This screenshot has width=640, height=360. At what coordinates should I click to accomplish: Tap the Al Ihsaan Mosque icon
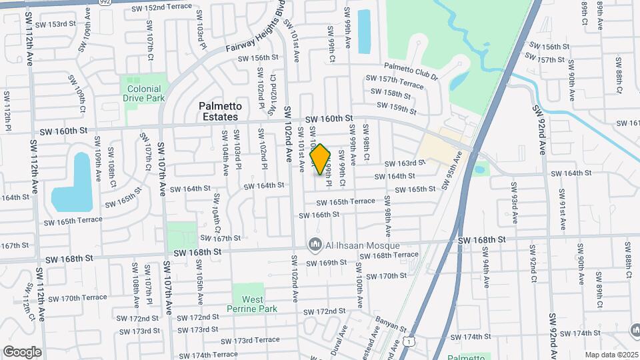tap(315, 246)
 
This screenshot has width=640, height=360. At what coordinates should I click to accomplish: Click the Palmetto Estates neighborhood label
tap(219, 111)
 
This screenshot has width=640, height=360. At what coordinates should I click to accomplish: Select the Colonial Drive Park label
tap(142, 93)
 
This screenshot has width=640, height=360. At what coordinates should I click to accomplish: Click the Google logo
tap(23, 351)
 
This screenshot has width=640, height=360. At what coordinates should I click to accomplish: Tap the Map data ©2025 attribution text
tap(611, 355)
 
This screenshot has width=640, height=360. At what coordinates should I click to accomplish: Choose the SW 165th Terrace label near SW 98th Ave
tap(345, 201)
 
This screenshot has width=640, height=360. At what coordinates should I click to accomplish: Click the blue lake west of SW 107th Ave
tap(73, 181)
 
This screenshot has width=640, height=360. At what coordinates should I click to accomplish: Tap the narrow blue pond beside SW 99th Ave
tap(364, 31)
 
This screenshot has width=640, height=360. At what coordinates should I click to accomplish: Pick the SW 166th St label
tap(319, 215)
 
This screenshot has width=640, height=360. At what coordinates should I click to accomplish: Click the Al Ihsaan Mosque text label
tap(354, 246)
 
